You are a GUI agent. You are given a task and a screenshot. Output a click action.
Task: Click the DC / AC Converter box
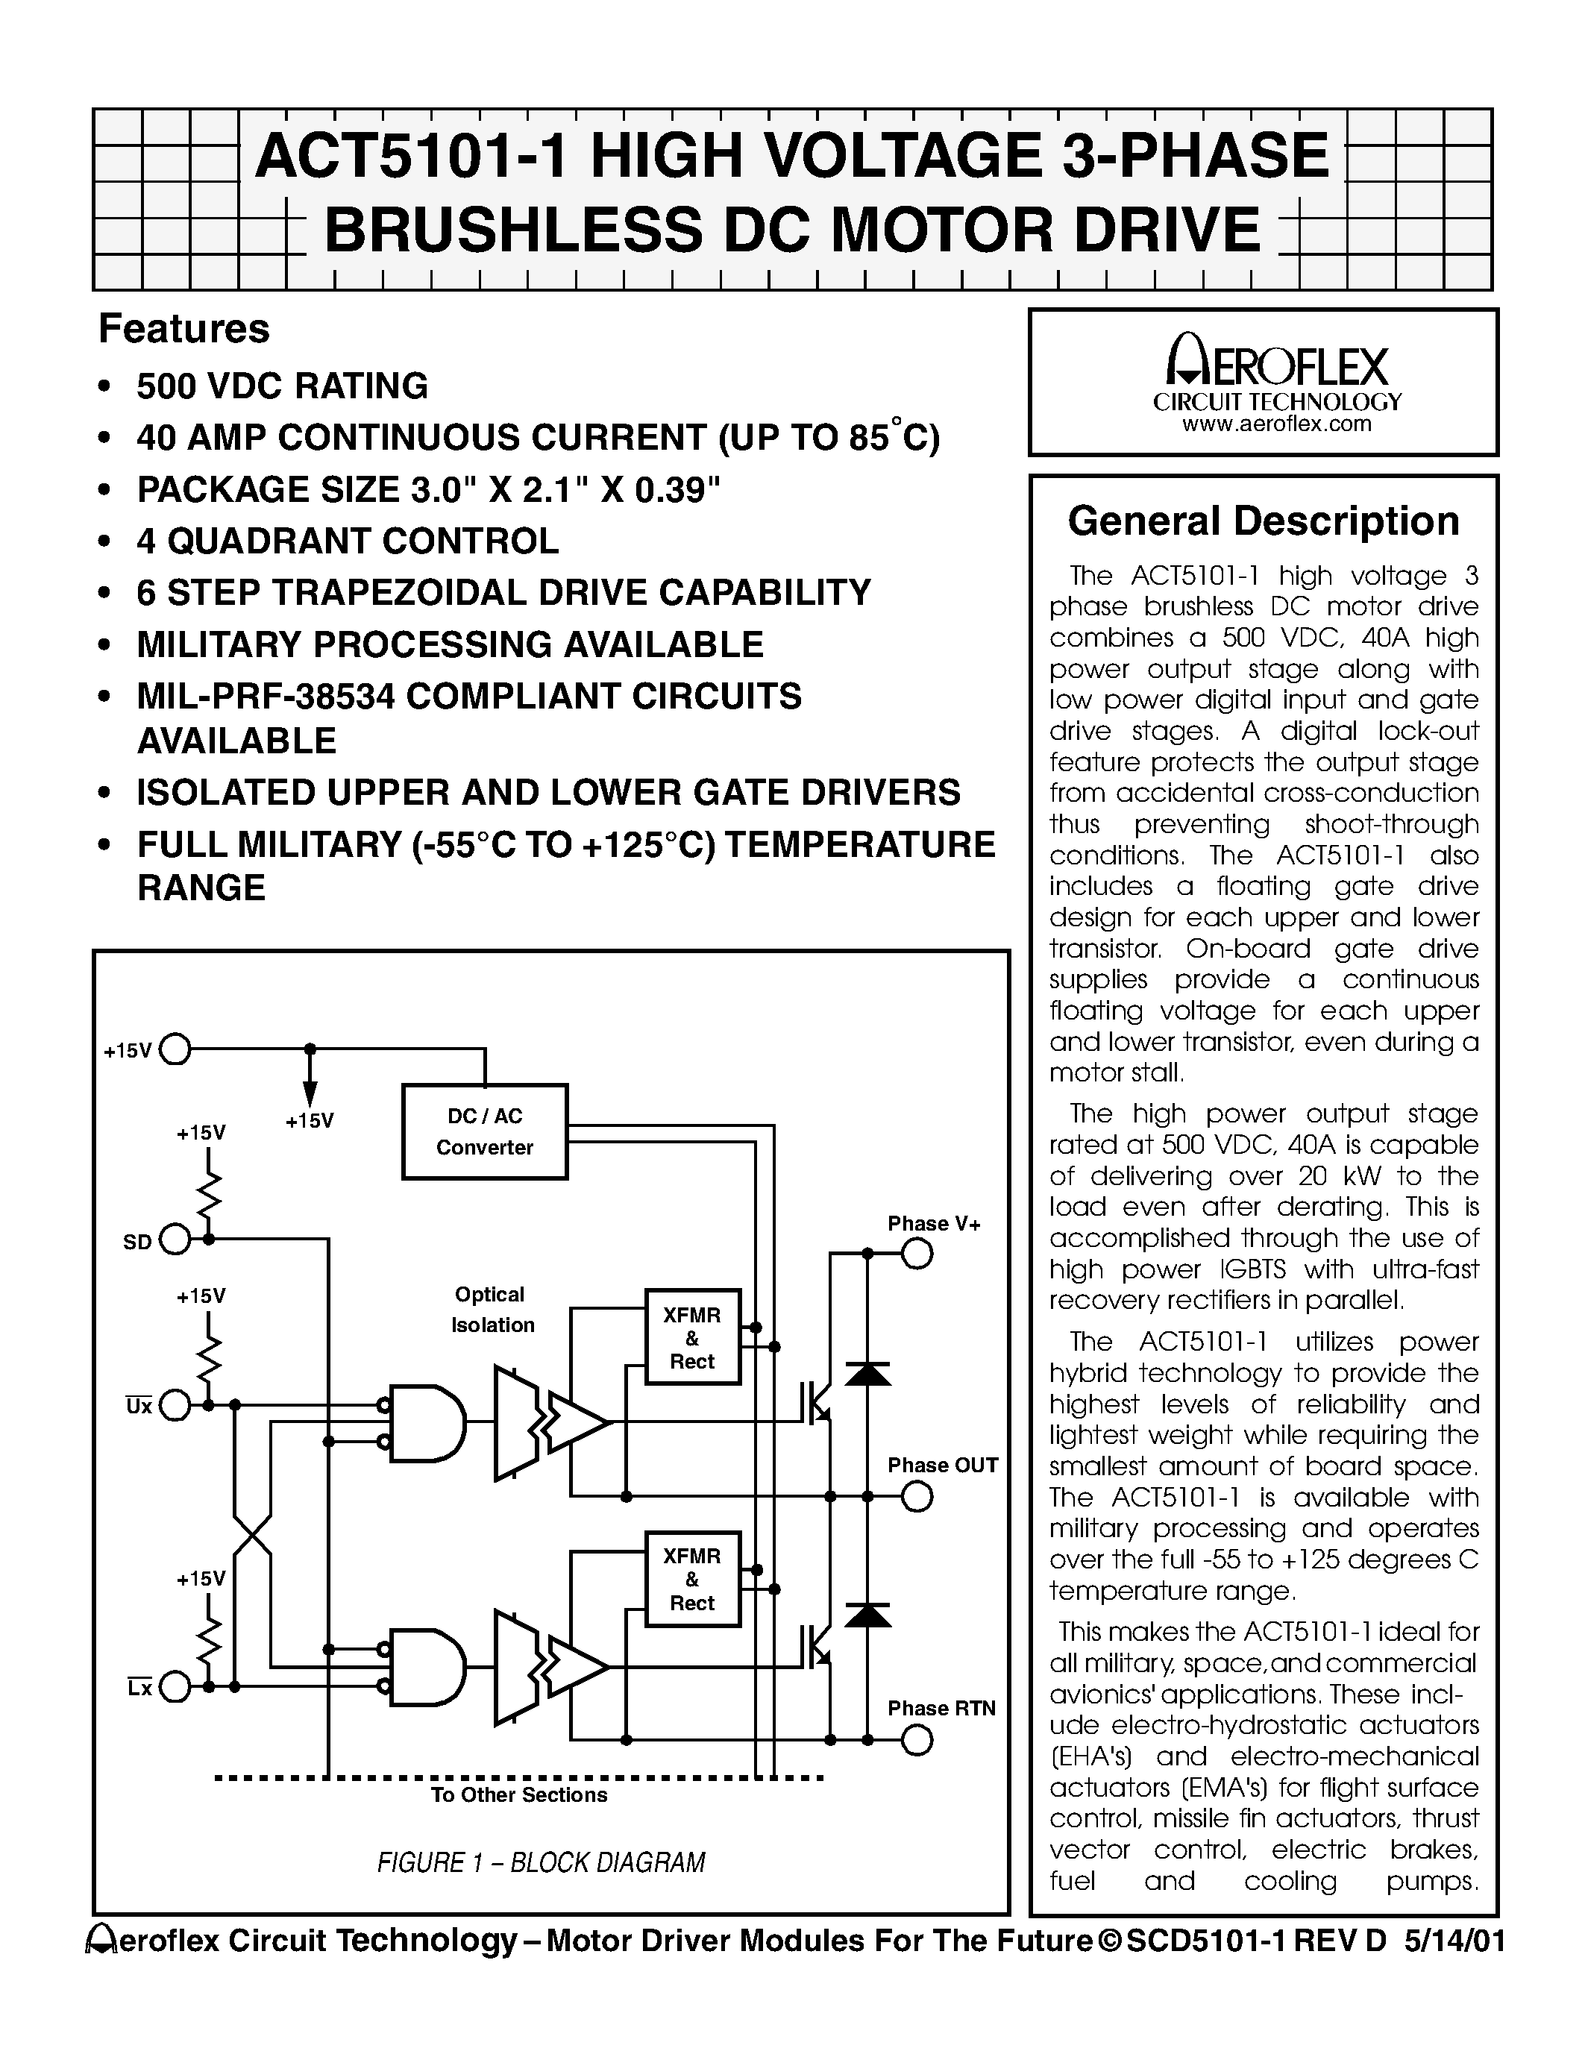[485, 1131]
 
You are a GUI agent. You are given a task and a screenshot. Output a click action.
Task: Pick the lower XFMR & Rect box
[692, 1579]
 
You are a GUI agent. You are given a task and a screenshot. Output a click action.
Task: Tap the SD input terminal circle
[175, 1240]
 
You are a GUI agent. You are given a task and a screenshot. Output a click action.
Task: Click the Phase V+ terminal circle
[917, 1254]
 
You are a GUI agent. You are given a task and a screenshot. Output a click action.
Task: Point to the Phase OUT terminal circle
[917, 1496]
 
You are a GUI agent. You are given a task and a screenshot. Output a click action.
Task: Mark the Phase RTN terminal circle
[917, 1740]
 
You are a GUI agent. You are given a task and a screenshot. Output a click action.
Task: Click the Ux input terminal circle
[175, 1405]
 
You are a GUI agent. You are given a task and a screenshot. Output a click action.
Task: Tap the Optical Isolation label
[491, 1309]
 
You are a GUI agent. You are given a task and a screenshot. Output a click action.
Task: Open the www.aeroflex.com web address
[1276, 424]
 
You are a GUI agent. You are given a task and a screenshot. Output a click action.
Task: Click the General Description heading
[1263, 521]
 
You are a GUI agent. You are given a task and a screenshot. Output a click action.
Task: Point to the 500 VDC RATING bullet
[282, 386]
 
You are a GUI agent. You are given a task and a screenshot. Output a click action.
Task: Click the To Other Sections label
[518, 1794]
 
